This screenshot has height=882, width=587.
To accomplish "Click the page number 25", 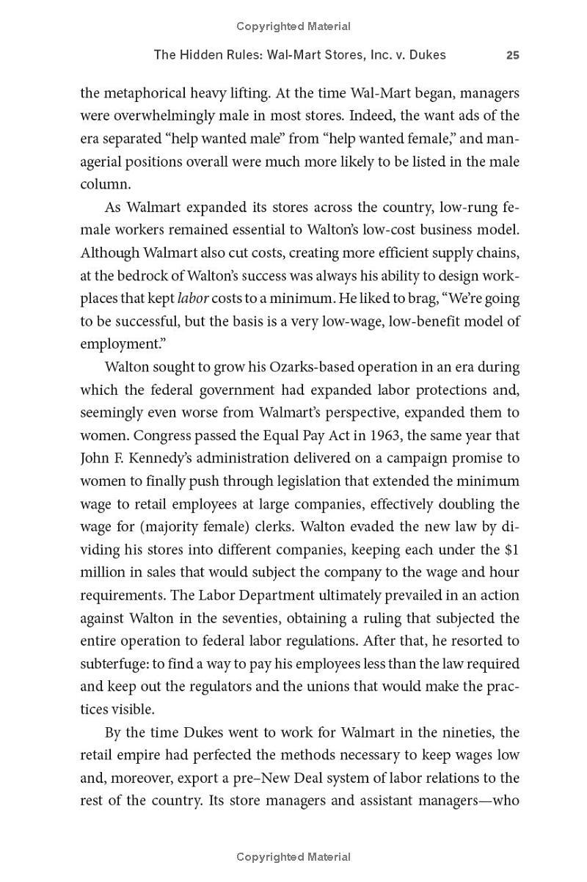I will pos(512,55).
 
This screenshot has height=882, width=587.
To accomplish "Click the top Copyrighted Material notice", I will pos(293,26).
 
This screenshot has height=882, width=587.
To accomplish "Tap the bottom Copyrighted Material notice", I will pos(293,856).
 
